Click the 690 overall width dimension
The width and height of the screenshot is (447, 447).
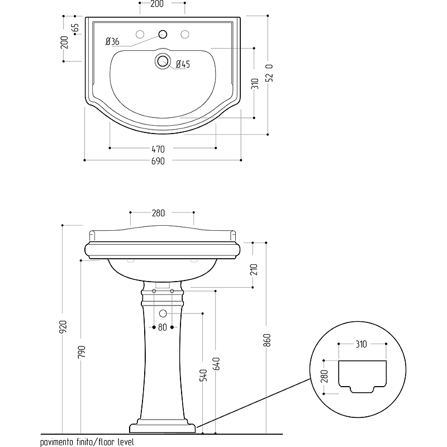coord(158,161)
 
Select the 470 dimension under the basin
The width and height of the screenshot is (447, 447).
coord(158,149)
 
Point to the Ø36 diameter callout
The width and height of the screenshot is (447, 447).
coord(112,41)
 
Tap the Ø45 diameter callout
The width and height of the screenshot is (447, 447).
coord(183,64)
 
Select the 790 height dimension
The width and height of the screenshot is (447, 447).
coord(82,351)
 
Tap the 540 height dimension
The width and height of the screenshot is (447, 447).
coord(203,375)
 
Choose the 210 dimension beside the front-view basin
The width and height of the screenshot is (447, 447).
coord(254,270)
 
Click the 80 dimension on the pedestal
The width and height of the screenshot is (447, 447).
coord(162,327)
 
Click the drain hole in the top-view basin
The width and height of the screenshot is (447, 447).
coord(162,60)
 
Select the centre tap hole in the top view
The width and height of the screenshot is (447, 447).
coord(163,34)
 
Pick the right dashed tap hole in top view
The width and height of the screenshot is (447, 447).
coord(184,34)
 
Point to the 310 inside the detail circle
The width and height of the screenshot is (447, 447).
coord(362,344)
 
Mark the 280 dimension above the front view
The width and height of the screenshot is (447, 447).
coord(158,213)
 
